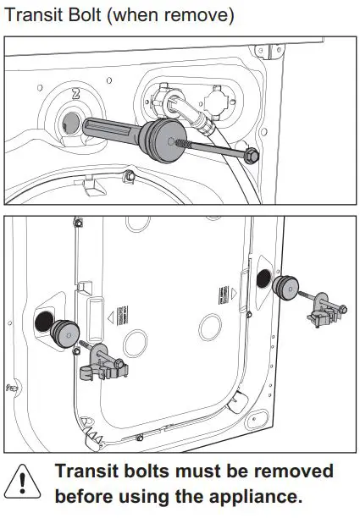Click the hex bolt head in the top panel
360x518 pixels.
(252, 157)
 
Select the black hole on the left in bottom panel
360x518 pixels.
(42, 321)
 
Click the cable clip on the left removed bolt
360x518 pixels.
(100, 370)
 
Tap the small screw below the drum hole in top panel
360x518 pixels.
(130, 175)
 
